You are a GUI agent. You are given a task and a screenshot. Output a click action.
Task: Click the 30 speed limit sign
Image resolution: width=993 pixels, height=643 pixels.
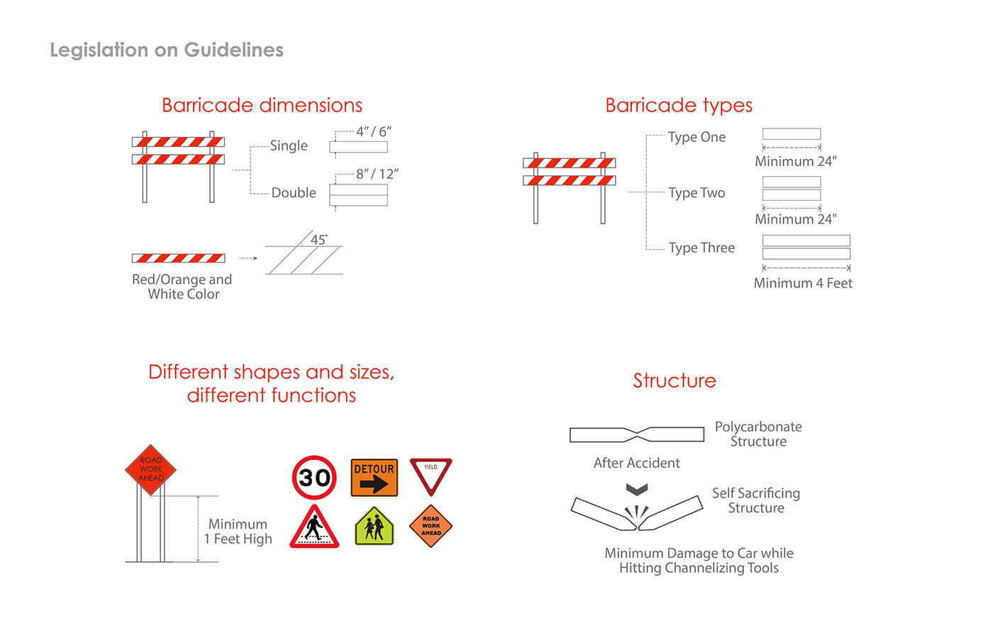pyautogui.click(x=314, y=478)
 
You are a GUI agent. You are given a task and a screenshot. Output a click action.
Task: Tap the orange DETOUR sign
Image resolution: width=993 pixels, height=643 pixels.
pyautogui.click(x=375, y=477)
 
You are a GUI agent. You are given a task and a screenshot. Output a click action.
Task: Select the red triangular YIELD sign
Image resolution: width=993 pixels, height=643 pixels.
pyautogui.click(x=431, y=476)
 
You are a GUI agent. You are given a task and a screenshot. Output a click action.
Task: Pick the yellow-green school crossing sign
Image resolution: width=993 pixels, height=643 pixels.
pyautogui.click(x=374, y=527)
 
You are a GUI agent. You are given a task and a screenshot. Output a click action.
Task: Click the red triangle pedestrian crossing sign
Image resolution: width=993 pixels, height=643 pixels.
pyautogui.click(x=314, y=527)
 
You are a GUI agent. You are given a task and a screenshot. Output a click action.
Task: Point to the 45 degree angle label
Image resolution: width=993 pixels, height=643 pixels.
pyautogui.click(x=319, y=240)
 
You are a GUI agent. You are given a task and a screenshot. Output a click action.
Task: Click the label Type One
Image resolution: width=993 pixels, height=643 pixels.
pyautogui.click(x=697, y=137)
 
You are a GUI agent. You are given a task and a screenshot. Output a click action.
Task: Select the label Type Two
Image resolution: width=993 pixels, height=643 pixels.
pyautogui.click(x=697, y=192)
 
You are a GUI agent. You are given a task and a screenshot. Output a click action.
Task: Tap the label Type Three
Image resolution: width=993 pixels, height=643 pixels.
pyautogui.click(x=701, y=248)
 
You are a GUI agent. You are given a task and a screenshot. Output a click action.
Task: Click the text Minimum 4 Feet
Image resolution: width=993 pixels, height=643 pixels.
pyautogui.click(x=803, y=283)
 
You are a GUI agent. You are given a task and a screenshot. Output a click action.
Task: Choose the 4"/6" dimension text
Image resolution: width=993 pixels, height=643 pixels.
pyautogui.click(x=374, y=132)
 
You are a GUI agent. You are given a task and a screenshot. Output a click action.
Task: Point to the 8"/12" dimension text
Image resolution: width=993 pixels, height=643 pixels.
pyautogui.click(x=377, y=174)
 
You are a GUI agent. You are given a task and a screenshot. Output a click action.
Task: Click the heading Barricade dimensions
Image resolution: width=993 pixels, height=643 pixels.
pyautogui.click(x=262, y=105)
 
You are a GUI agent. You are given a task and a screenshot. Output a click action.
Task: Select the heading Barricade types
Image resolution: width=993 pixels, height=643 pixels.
pyautogui.click(x=679, y=105)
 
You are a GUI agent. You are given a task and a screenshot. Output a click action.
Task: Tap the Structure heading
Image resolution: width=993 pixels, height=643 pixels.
pyautogui.click(x=675, y=380)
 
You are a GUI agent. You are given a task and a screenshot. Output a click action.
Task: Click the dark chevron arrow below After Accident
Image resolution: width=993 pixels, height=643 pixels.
pyautogui.click(x=637, y=489)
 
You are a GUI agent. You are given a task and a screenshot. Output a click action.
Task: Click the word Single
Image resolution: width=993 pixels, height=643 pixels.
pyautogui.click(x=289, y=145)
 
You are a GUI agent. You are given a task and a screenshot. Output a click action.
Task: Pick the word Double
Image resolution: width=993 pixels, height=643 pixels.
pyautogui.click(x=294, y=192)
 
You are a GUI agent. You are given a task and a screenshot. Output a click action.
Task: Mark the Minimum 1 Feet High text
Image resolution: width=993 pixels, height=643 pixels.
pyautogui.click(x=238, y=532)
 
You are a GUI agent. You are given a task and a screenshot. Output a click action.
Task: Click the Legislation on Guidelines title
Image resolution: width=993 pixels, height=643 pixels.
pyautogui.click(x=167, y=50)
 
